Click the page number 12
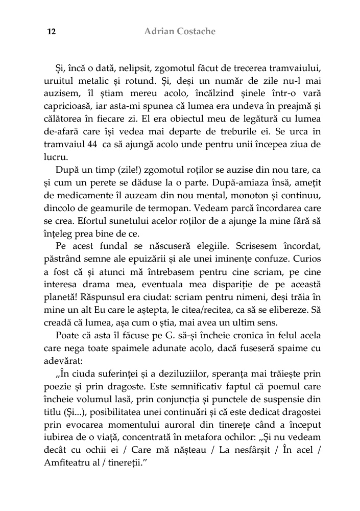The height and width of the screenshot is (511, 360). click(x=51, y=32)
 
